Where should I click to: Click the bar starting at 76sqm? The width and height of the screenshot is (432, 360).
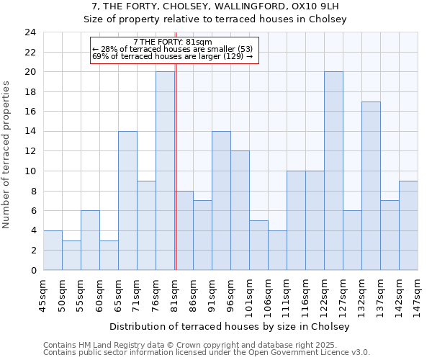click(x=165, y=171)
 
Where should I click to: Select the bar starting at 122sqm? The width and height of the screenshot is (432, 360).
click(x=333, y=171)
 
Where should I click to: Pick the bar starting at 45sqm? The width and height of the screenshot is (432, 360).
click(x=53, y=250)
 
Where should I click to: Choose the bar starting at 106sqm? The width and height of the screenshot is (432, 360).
click(x=277, y=250)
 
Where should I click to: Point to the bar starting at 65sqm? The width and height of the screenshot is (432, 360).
click(x=127, y=200)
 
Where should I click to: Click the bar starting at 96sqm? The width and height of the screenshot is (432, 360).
click(x=240, y=210)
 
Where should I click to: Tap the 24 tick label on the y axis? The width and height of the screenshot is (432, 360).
click(x=30, y=32)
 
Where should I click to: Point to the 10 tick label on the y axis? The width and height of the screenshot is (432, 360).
click(x=30, y=171)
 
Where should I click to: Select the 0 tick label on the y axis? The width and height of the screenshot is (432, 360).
click(x=33, y=270)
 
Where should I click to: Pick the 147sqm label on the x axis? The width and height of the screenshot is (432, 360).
click(x=418, y=294)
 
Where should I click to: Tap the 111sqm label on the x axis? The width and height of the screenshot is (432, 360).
click(x=287, y=294)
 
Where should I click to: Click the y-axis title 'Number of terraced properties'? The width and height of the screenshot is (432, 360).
click(x=7, y=155)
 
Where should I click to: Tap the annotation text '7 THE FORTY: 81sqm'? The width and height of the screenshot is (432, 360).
click(x=173, y=42)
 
